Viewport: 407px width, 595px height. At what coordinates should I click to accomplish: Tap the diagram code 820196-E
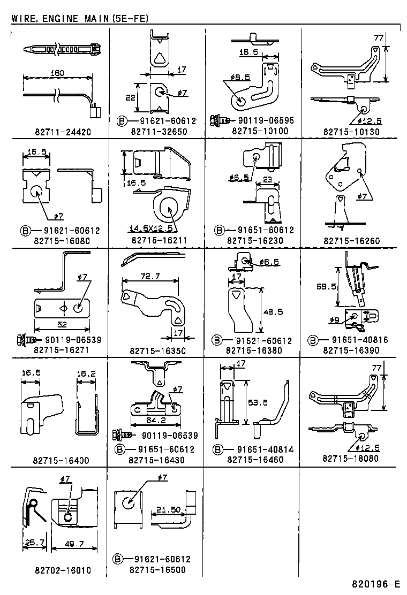tap(376, 584)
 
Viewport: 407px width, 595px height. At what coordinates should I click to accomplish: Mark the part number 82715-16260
tap(351, 241)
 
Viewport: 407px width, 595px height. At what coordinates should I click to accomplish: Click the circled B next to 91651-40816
tap(314, 340)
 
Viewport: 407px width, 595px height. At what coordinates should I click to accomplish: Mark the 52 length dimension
tap(63, 324)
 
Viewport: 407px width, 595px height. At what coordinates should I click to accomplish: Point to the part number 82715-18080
tap(351, 459)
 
